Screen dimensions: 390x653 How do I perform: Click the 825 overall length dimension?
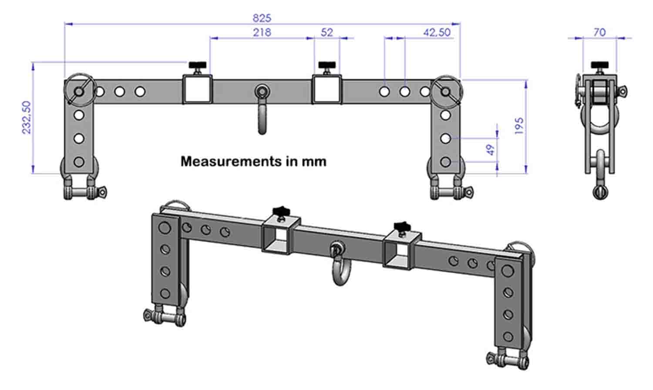point(262,18)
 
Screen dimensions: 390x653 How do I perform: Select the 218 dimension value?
point(262,32)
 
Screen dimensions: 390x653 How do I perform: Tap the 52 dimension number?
point(326,32)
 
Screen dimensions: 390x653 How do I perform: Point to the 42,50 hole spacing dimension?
point(437,32)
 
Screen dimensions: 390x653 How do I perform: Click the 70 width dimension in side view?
point(599,32)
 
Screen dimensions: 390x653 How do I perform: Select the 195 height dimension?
point(519,126)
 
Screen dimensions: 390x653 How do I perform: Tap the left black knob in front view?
point(197,66)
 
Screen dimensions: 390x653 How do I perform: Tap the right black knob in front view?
point(327,66)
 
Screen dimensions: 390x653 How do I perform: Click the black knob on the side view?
point(600,66)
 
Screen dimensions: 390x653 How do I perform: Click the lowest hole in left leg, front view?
point(79,162)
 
